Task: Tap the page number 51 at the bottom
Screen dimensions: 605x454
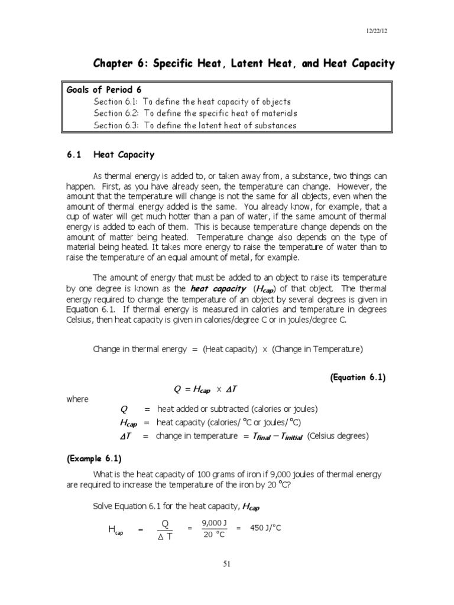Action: pyautogui.click(x=227, y=564)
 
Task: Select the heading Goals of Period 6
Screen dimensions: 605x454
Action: pyautogui.click(x=104, y=90)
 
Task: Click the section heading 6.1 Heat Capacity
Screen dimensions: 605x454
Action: pyautogui.click(x=110, y=155)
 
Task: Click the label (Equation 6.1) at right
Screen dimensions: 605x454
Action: pyautogui.click(x=358, y=378)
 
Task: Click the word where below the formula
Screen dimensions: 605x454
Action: pyautogui.click(x=77, y=399)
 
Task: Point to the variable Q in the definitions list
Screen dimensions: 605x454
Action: pyautogui.click(x=124, y=409)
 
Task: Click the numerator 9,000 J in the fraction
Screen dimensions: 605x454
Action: pyautogui.click(x=214, y=522)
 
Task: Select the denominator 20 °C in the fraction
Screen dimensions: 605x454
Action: pyautogui.click(x=214, y=535)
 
